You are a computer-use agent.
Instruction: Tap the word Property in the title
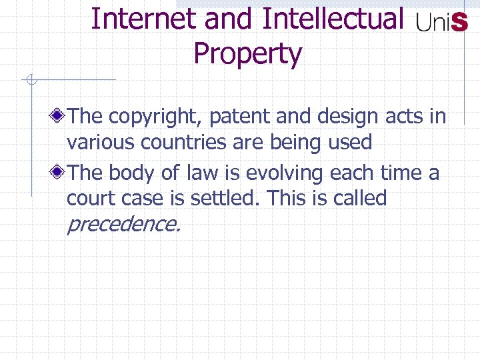point(247,53)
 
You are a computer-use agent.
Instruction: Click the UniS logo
point(441,23)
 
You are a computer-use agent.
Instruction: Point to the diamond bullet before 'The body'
point(59,173)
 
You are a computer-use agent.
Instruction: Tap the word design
point(351,117)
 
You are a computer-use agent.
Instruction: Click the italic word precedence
point(123,224)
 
